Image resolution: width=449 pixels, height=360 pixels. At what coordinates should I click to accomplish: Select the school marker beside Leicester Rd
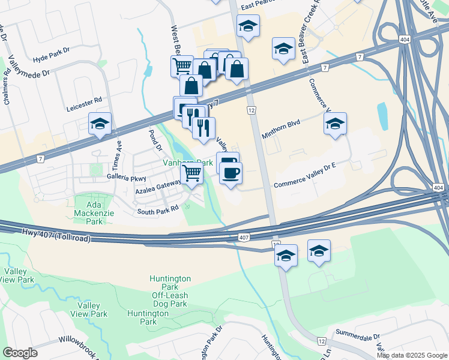point(100,124)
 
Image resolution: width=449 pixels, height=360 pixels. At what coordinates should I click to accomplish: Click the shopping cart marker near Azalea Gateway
point(191,173)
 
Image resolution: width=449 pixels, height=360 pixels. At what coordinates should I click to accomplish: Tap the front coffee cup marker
point(231,173)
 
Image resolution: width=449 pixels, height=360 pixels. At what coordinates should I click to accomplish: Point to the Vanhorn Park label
point(188,163)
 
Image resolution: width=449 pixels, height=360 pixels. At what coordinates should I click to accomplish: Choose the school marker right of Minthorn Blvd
point(335,124)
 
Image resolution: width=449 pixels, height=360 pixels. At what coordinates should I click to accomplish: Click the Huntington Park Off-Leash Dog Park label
point(170,287)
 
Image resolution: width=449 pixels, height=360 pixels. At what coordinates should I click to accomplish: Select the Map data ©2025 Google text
point(411,355)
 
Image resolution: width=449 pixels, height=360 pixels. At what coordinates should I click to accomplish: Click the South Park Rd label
point(158,210)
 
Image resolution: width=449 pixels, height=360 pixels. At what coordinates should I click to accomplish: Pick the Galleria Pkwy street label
point(127,177)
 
